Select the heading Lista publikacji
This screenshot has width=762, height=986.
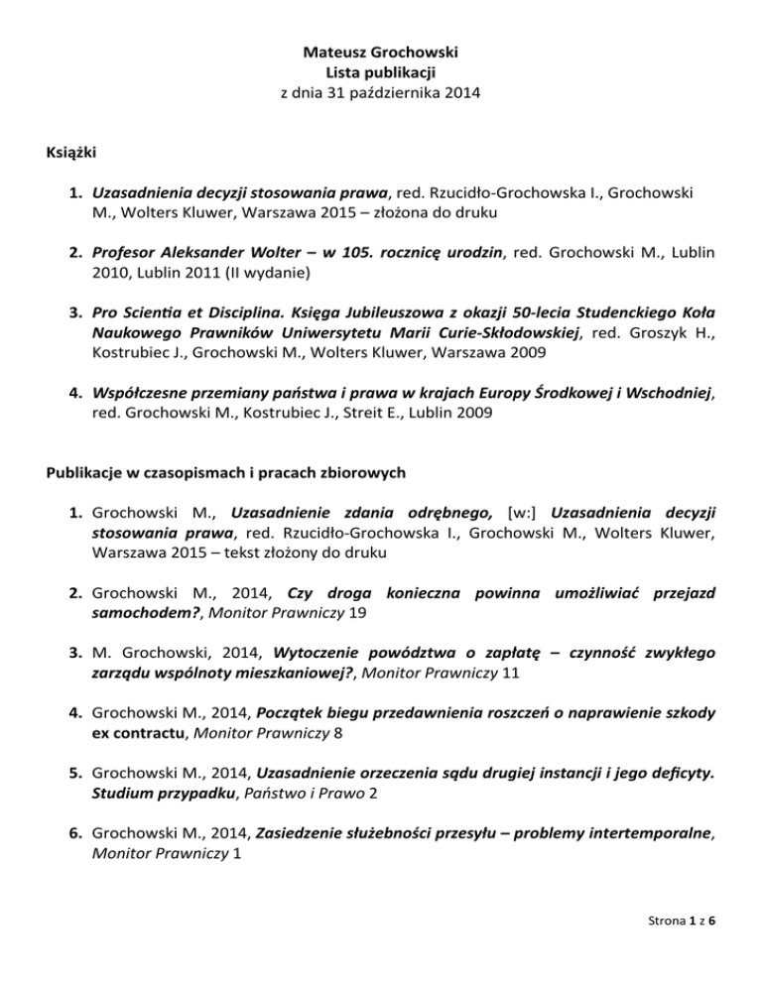381,71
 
